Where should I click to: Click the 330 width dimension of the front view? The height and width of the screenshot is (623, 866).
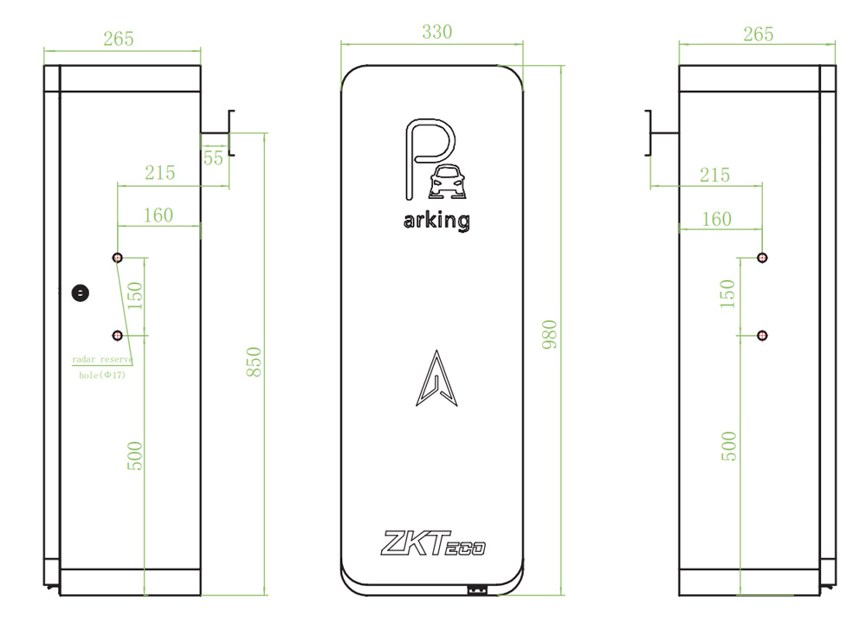point(436,32)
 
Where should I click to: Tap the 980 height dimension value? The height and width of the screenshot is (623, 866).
point(550,334)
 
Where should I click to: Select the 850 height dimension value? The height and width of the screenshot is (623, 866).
point(254,362)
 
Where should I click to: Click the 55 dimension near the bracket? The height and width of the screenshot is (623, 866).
point(213,158)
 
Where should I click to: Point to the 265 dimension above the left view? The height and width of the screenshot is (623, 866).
point(118,39)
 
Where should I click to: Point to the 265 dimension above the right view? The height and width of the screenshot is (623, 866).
point(758,35)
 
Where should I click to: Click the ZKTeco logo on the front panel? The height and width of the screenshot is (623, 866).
point(433,543)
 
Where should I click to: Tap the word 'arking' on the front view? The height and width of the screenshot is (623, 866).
point(436,221)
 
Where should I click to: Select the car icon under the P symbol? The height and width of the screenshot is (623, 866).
point(448,181)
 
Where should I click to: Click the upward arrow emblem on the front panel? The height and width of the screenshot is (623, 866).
point(436,378)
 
